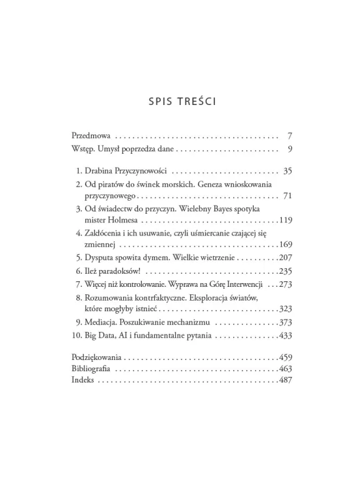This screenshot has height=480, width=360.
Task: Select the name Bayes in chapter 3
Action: point(237,211)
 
